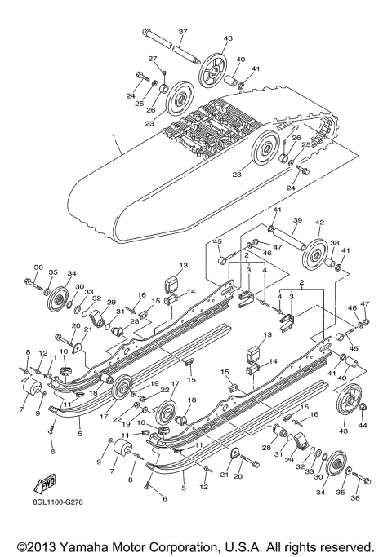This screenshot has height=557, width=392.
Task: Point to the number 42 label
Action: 320,222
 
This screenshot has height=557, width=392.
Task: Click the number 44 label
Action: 363,425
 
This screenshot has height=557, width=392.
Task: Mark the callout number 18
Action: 193,400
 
